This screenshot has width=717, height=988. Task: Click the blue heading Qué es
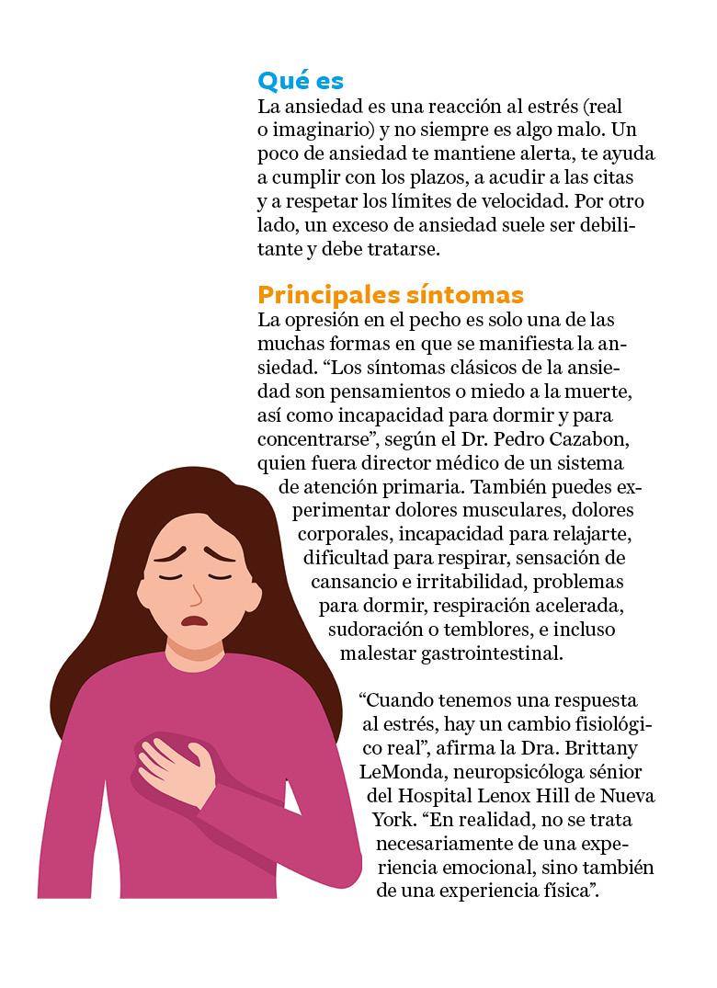point(300,80)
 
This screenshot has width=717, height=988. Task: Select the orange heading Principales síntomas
point(391,295)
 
